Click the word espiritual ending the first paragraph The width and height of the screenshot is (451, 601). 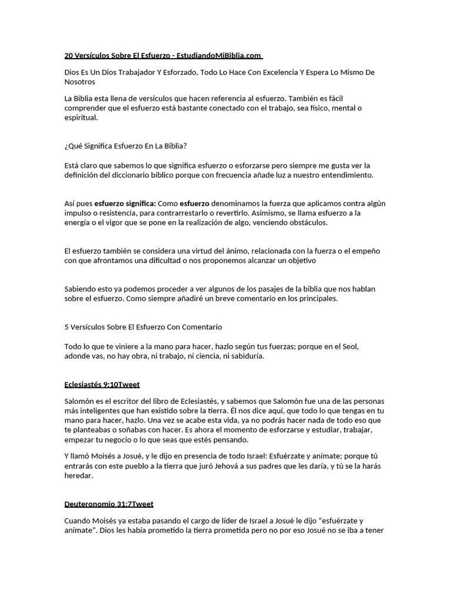81,117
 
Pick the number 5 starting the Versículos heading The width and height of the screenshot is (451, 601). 66,326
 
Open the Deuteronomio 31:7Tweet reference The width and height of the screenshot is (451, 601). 109,504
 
